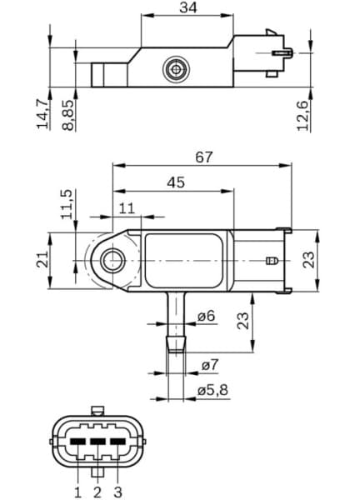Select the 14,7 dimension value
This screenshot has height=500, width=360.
(x=42, y=114)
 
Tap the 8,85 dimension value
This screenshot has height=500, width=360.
(x=67, y=114)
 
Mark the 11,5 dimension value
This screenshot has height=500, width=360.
(x=67, y=204)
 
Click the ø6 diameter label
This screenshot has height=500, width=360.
(x=207, y=317)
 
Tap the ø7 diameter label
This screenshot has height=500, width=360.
(x=209, y=365)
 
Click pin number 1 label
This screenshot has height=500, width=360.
(x=77, y=491)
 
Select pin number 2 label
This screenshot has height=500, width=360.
(x=97, y=491)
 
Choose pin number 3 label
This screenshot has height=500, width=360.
(x=117, y=491)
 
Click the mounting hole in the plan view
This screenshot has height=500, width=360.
(x=111, y=262)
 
